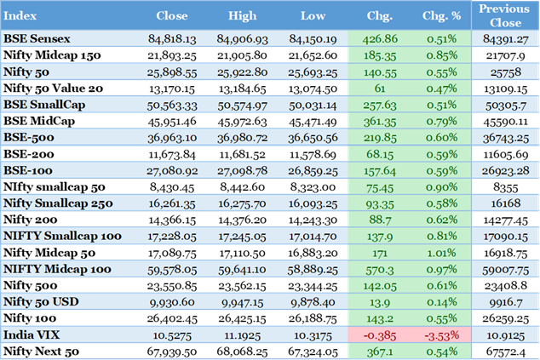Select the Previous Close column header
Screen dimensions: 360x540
(x=504, y=14)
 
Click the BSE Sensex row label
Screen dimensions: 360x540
(x=37, y=38)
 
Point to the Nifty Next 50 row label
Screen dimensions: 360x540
(x=43, y=350)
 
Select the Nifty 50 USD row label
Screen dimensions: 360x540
(x=43, y=301)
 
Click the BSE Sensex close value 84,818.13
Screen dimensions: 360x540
(x=172, y=38)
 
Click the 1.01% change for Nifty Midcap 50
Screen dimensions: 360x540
(x=441, y=253)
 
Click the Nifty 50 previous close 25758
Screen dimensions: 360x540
(x=504, y=71)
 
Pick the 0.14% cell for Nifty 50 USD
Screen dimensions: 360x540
(x=441, y=301)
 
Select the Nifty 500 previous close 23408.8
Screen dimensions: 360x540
(x=504, y=285)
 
